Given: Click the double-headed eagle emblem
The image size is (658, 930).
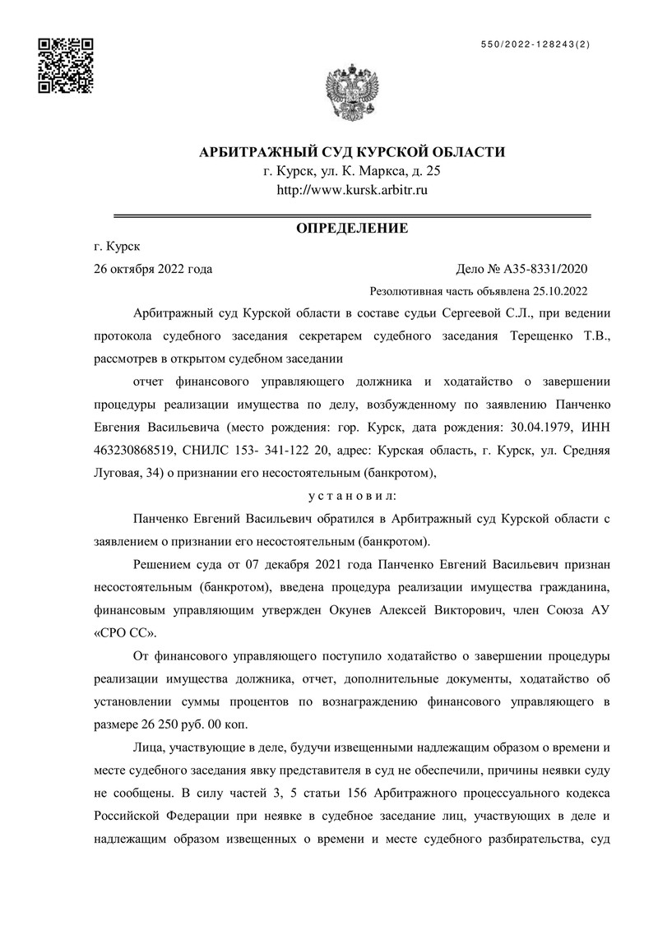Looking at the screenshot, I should pos(352,92).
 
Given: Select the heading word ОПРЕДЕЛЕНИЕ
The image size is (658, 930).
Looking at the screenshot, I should pos(352,228).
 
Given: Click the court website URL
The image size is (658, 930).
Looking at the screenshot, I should pos(352,190).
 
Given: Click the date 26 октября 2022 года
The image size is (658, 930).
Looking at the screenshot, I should pos(154,268).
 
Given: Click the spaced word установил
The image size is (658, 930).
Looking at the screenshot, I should pos(351,496).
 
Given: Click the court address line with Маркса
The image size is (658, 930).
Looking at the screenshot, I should pos(352,171).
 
